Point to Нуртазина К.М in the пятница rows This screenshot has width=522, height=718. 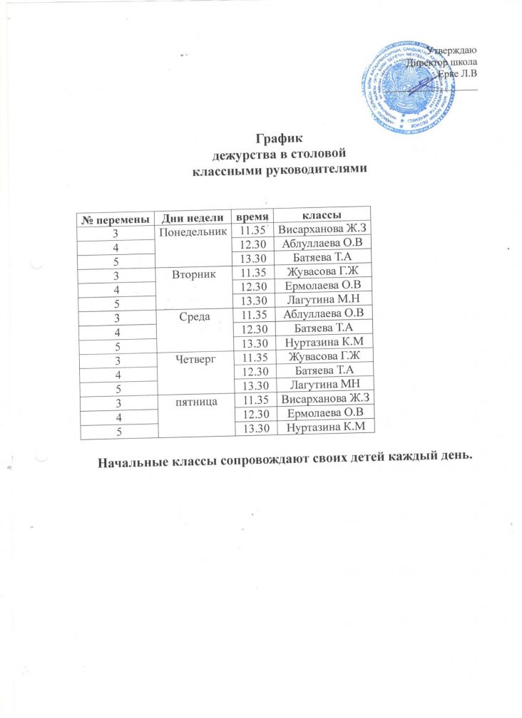point(324,427)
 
